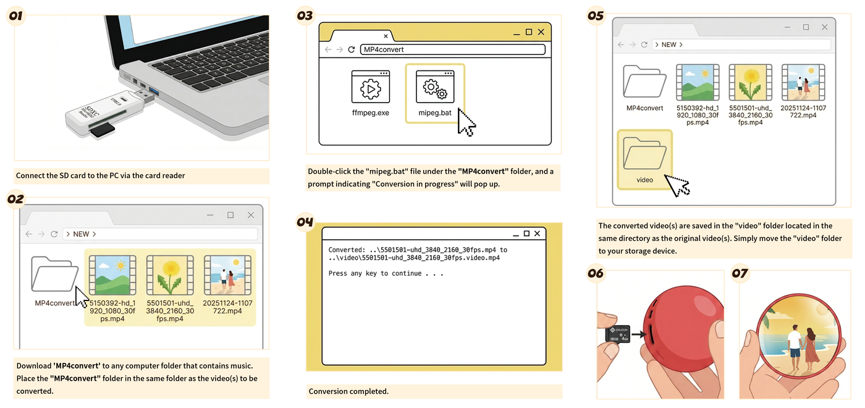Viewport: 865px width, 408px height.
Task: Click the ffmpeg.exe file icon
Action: [x=370, y=87]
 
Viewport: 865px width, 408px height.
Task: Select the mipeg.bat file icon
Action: [x=435, y=87]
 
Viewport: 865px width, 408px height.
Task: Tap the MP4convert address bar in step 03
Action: [x=452, y=49]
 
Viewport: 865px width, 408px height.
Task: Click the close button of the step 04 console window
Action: [x=537, y=234]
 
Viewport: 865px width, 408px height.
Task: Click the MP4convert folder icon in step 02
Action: [x=54, y=274]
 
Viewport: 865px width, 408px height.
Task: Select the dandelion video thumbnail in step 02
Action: [x=170, y=275]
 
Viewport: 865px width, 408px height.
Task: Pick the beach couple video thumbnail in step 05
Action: [x=803, y=83]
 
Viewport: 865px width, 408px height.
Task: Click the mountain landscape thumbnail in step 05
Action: [x=698, y=83]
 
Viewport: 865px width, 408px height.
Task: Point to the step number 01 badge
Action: [x=16, y=16]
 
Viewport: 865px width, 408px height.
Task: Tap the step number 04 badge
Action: [x=305, y=222]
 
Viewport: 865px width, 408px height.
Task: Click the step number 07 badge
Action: [x=740, y=273]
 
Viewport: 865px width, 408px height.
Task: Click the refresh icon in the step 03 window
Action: [x=352, y=49]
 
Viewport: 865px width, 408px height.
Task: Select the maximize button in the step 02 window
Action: [x=230, y=215]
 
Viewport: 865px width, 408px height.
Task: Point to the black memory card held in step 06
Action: [x=618, y=334]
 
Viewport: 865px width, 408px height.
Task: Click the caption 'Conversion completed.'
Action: [x=348, y=391]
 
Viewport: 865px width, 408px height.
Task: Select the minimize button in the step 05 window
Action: [x=787, y=27]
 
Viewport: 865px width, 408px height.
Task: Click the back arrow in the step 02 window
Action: [x=28, y=234]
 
